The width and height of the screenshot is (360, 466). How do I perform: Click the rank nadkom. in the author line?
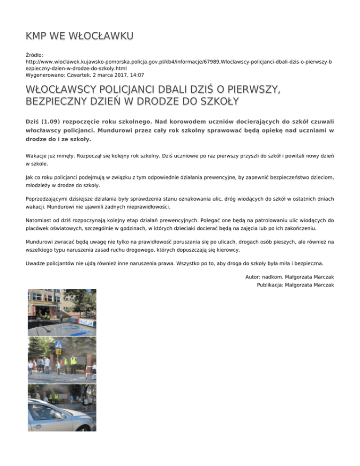coord(279,278)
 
